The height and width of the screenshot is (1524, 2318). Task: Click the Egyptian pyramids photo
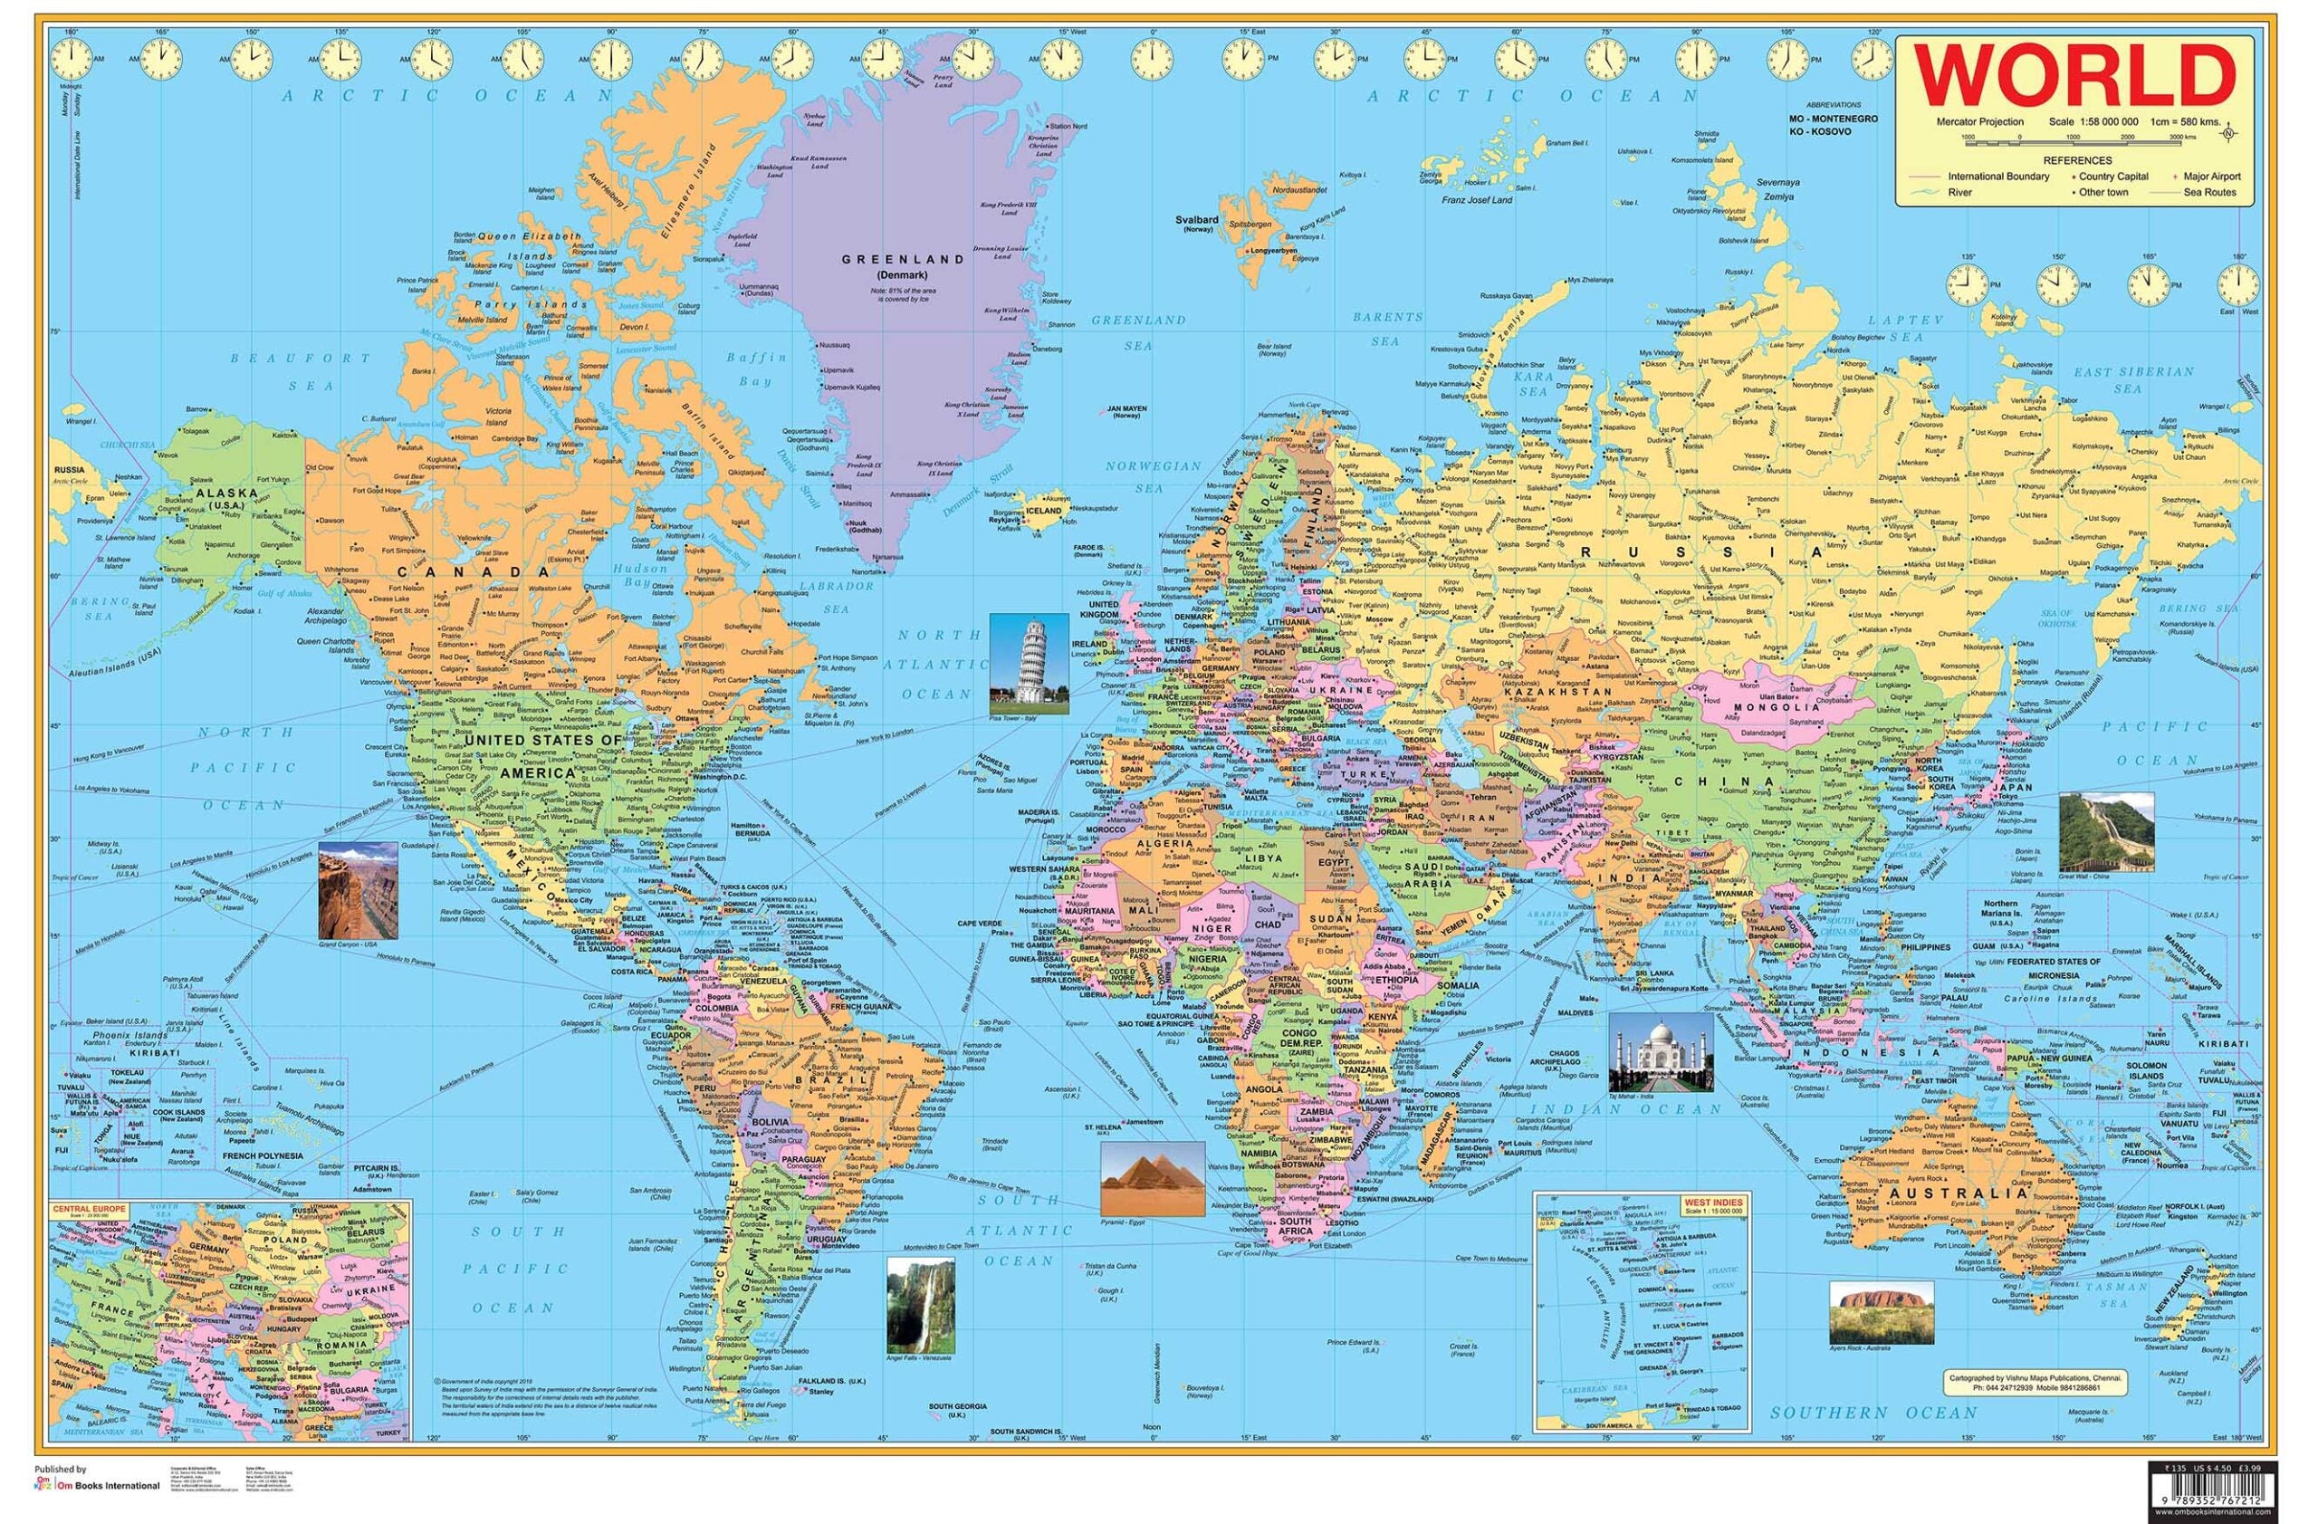pyautogui.click(x=1139, y=1178)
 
